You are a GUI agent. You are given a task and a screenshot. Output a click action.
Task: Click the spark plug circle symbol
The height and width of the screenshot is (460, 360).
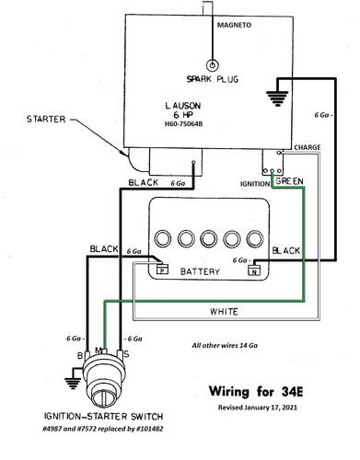(x=212, y=65)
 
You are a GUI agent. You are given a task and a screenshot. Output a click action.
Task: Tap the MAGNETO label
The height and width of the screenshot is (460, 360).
(x=234, y=25)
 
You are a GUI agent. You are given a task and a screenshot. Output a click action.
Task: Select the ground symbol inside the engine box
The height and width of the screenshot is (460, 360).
(x=277, y=98)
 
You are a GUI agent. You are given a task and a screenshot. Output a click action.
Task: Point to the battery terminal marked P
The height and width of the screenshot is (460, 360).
(x=162, y=270)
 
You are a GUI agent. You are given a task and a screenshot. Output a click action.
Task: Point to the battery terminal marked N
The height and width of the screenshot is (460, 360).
(x=254, y=270)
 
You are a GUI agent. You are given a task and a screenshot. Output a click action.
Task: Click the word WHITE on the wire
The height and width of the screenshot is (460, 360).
(x=224, y=312)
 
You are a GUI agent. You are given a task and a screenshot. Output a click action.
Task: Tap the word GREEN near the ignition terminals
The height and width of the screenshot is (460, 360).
(x=289, y=181)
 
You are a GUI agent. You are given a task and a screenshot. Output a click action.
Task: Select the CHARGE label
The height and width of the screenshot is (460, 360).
(x=308, y=147)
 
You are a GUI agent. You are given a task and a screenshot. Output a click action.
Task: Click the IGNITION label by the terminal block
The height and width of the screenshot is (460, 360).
(x=255, y=184)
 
